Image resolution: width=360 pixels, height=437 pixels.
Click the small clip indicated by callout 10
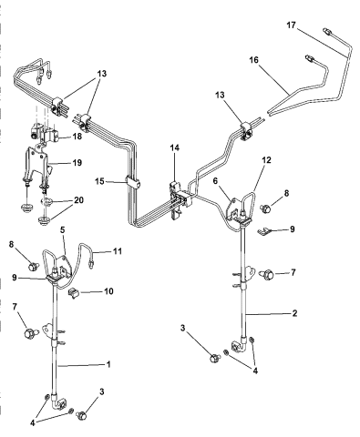[77, 292]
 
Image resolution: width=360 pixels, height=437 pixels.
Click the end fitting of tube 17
[327, 30]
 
